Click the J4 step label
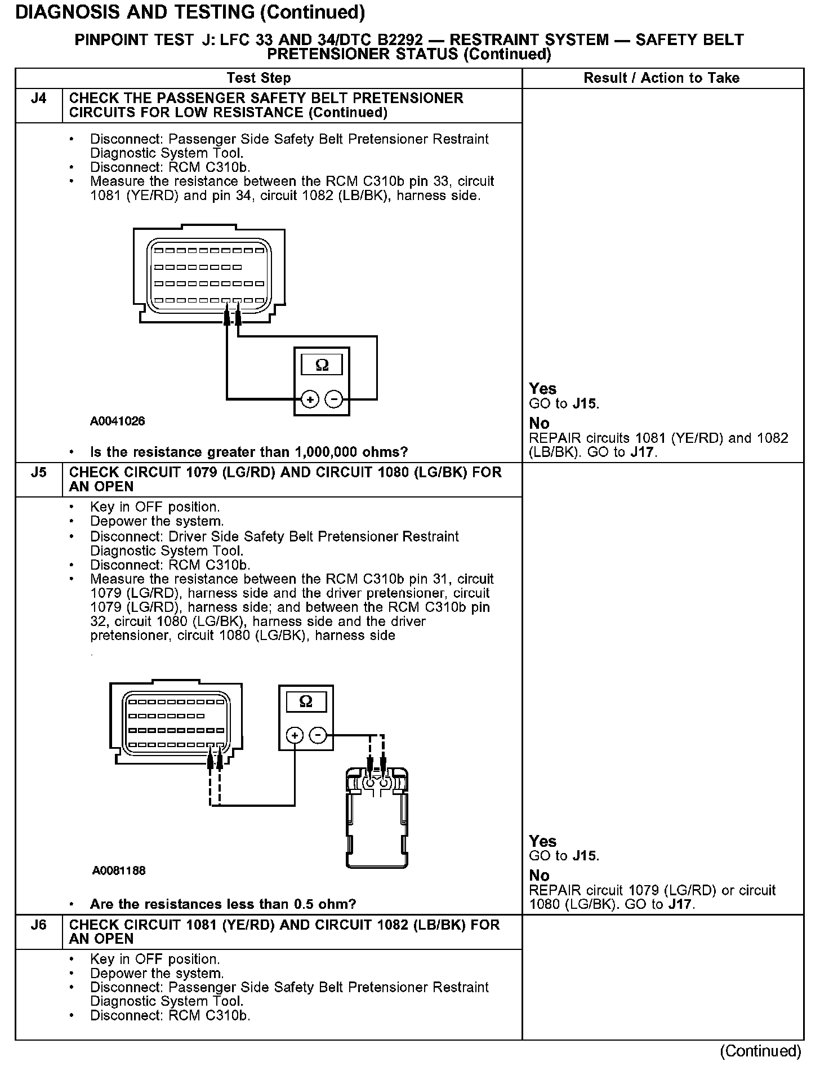pyautogui.click(x=38, y=99)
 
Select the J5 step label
pyautogui.click(x=38, y=472)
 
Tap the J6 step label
pyautogui.click(x=38, y=925)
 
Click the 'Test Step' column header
pyautogui.click(x=259, y=78)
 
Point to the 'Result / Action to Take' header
pyautogui.click(x=661, y=78)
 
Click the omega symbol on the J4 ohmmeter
pyautogui.click(x=322, y=365)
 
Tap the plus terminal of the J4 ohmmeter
pyautogui.click(x=310, y=399)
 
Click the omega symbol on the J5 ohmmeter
pyautogui.click(x=306, y=701)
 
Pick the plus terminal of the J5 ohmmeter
pyautogui.click(x=295, y=735)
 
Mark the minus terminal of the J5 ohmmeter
pyautogui.click(x=318, y=735)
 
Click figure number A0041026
pyautogui.click(x=117, y=421)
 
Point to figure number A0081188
pyautogui.click(x=119, y=870)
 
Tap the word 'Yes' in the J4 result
pyautogui.click(x=542, y=389)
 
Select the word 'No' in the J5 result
pyautogui.click(x=539, y=875)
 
